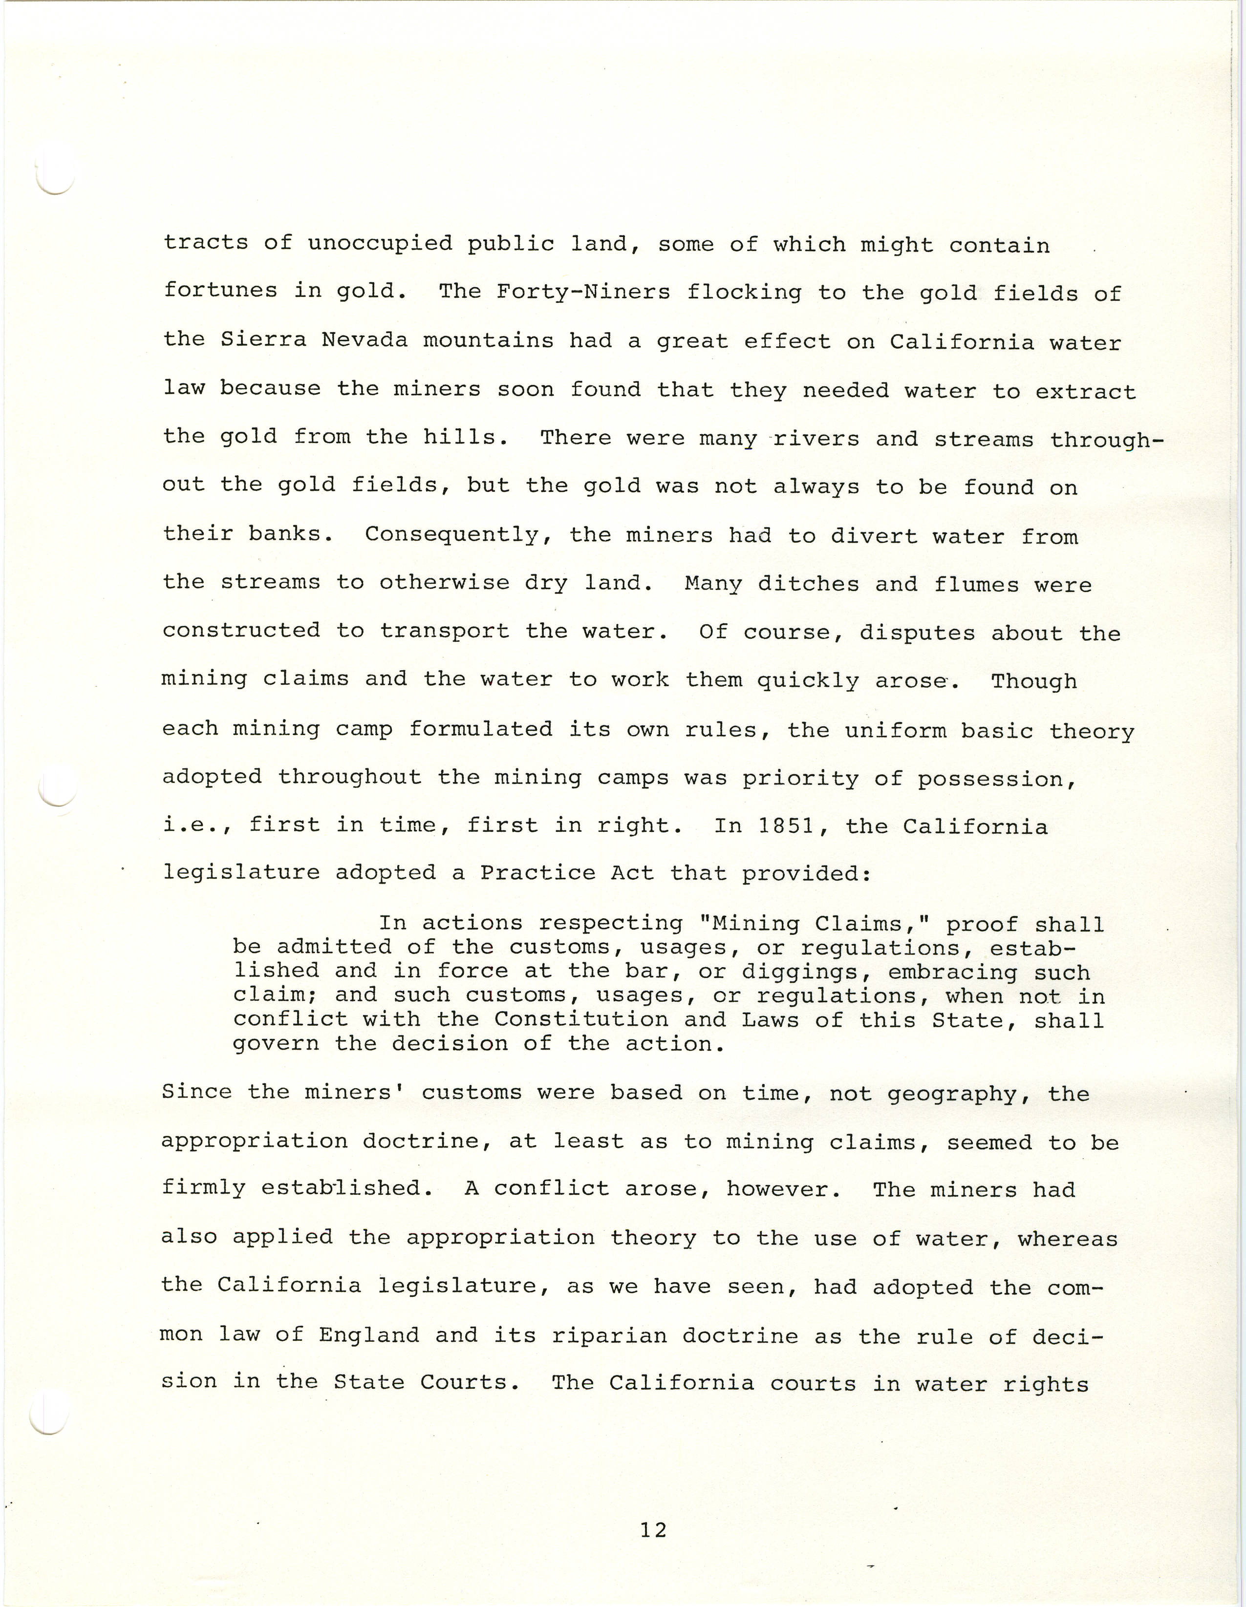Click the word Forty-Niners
click(583, 292)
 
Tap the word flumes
click(977, 584)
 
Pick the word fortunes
click(220, 290)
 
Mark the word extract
click(1086, 391)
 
